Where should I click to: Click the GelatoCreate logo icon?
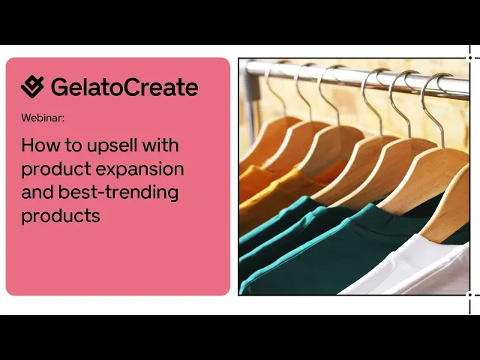[32, 87]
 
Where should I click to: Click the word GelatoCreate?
[124, 87]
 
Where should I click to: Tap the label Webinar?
[43, 118]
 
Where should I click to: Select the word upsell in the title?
[112, 145]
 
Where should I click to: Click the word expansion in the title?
[140, 169]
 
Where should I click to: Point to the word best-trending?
[118, 193]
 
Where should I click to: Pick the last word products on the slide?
[61, 216]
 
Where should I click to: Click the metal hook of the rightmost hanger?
[435, 107]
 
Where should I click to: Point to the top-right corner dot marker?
[470, 58]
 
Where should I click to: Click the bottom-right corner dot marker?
[470, 295]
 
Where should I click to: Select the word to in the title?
[73, 145]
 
